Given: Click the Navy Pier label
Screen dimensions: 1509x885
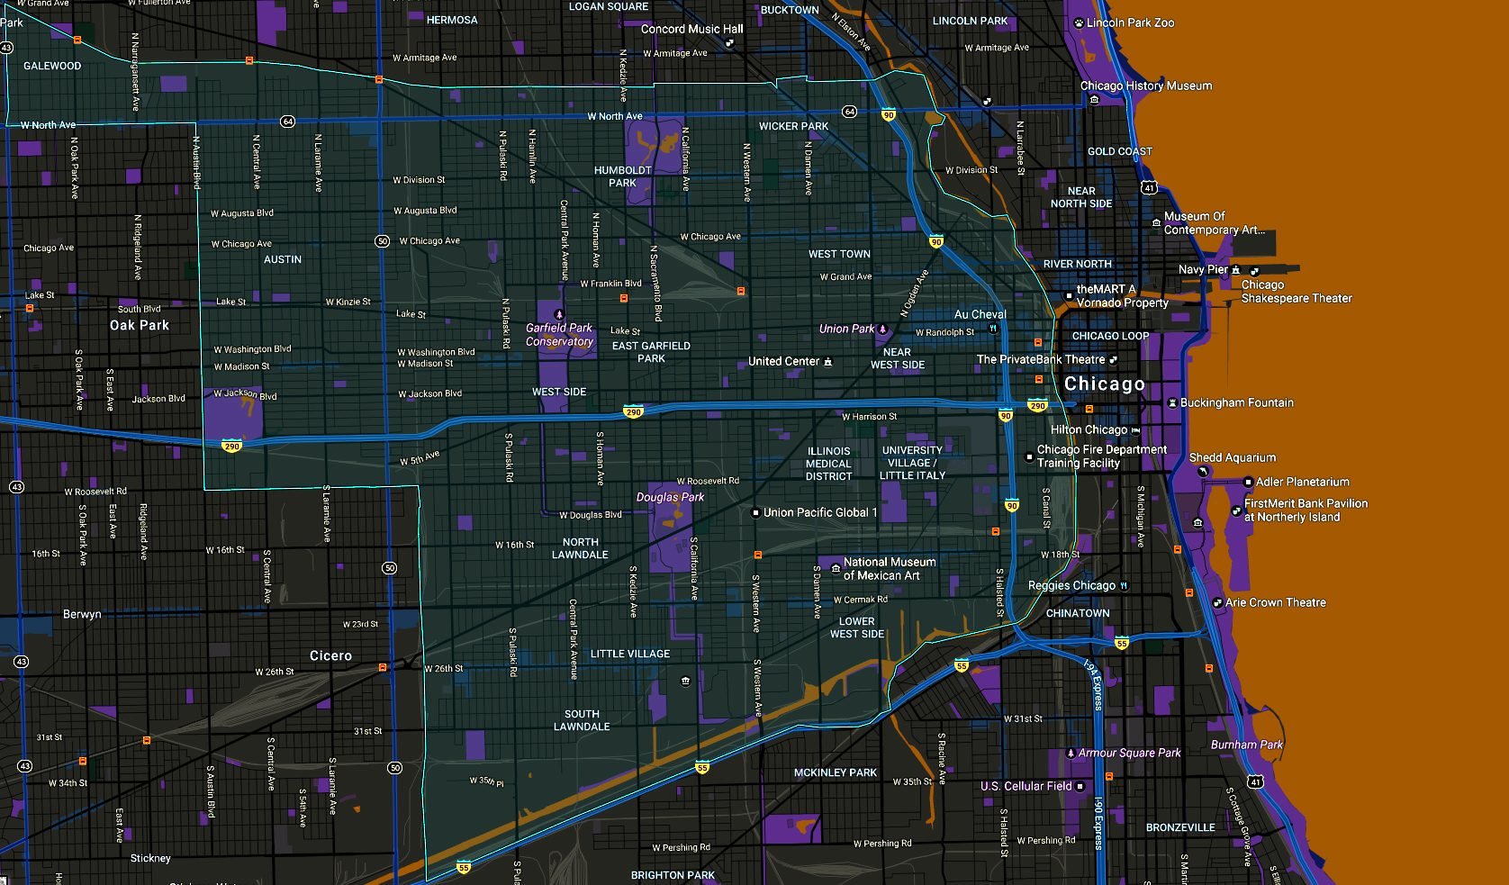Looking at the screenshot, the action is pyautogui.click(x=1203, y=269).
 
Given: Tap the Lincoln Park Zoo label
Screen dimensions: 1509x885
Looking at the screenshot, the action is pyautogui.click(x=1130, y=23).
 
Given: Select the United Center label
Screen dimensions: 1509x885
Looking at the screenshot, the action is pyautogui.click(x=783, y=361).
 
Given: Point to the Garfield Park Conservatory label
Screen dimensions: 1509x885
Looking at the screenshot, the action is pyautogui.click(x=559, y=335).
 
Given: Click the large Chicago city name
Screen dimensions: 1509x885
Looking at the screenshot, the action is pyautogui.click(x=1104, y=384).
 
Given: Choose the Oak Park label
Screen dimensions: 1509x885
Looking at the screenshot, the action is pyautogui.click(x=140, y=325).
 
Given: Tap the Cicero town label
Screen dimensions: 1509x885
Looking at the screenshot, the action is pyautogui.click(x=330, y=655).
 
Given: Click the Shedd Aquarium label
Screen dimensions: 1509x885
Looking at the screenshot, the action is pyautogui.click(x=1232, y=457).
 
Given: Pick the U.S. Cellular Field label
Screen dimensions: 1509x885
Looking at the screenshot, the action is pyautogui.click(x=1026, y=786).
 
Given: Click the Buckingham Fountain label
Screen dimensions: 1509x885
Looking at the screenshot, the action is pyautogui.click(x=1236, y=402).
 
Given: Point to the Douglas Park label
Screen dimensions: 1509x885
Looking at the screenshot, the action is pyautogui.click(x=670, y=497).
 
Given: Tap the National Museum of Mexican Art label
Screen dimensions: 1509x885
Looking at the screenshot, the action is pyautogui.click(x=889, y=568).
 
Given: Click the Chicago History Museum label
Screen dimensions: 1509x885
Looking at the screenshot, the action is pyautogui.click(x=1145, y=86).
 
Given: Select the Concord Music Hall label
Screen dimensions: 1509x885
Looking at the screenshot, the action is pyautogui.click(x=691, y=29).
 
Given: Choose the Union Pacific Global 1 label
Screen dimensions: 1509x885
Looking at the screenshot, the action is pyautogui.click(x=819, y=512).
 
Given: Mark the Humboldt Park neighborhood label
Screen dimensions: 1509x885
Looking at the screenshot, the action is pyautogui.click(x=622, y=176).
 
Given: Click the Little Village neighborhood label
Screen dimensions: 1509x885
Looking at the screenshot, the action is pyautogui.click(x=629, y=654).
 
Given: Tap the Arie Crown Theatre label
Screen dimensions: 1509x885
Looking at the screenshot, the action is pyautogui.click(x=1275, y=602).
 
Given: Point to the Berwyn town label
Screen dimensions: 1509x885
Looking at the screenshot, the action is pyautogui.click(x=82, y=614).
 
